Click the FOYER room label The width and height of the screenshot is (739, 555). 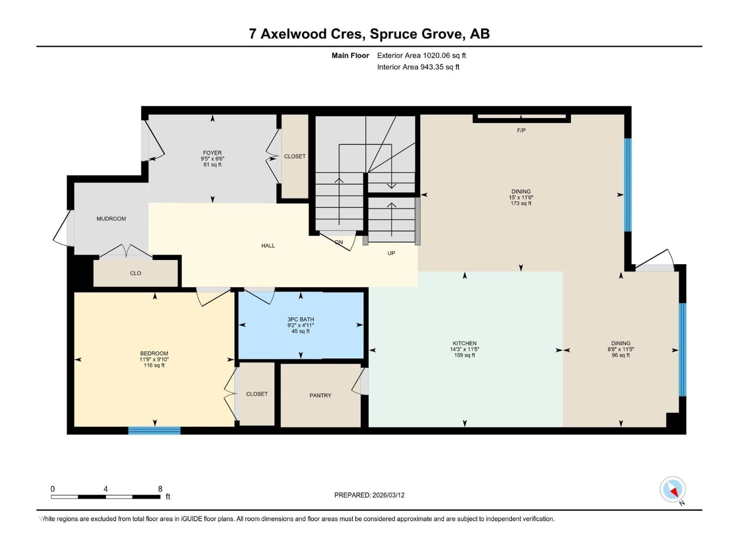[x=212, y=153]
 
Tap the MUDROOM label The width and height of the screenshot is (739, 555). [x=111, y=219]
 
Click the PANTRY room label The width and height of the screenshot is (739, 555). [x=320, y=395]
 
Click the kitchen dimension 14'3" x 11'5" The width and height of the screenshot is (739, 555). [x=464, y=349]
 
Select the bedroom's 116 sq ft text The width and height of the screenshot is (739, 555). [x=154, y=365]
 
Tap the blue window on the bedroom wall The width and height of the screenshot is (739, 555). [x=154, y=431]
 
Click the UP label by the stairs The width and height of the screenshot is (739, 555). [x=391, y=253]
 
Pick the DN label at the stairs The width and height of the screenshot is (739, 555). [x=339, y=242]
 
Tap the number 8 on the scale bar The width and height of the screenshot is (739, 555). [x=160, y=489]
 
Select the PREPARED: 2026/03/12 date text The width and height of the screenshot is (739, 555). [x=369, y=495]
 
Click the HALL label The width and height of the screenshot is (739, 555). [x=268, y=246]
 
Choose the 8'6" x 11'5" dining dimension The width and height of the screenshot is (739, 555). [x=621, y=349]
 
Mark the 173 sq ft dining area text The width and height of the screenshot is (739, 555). [x=521, y=203]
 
